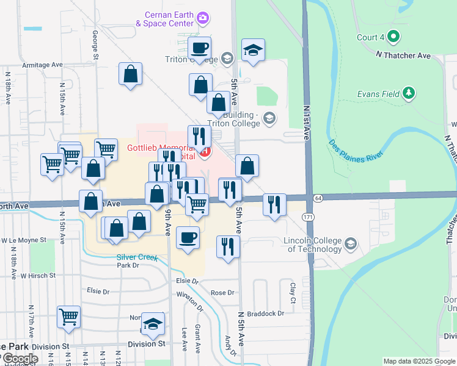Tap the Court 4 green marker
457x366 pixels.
tap(394, 37)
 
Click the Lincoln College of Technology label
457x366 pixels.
tap(312, 245)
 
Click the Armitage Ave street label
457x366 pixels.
tap(42, 65)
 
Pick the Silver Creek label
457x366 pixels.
tap(137, 257)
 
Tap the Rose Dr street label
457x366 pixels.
tap(222, 293)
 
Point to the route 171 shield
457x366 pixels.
tap(308, 217)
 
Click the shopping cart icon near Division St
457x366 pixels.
tap(69, 317)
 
